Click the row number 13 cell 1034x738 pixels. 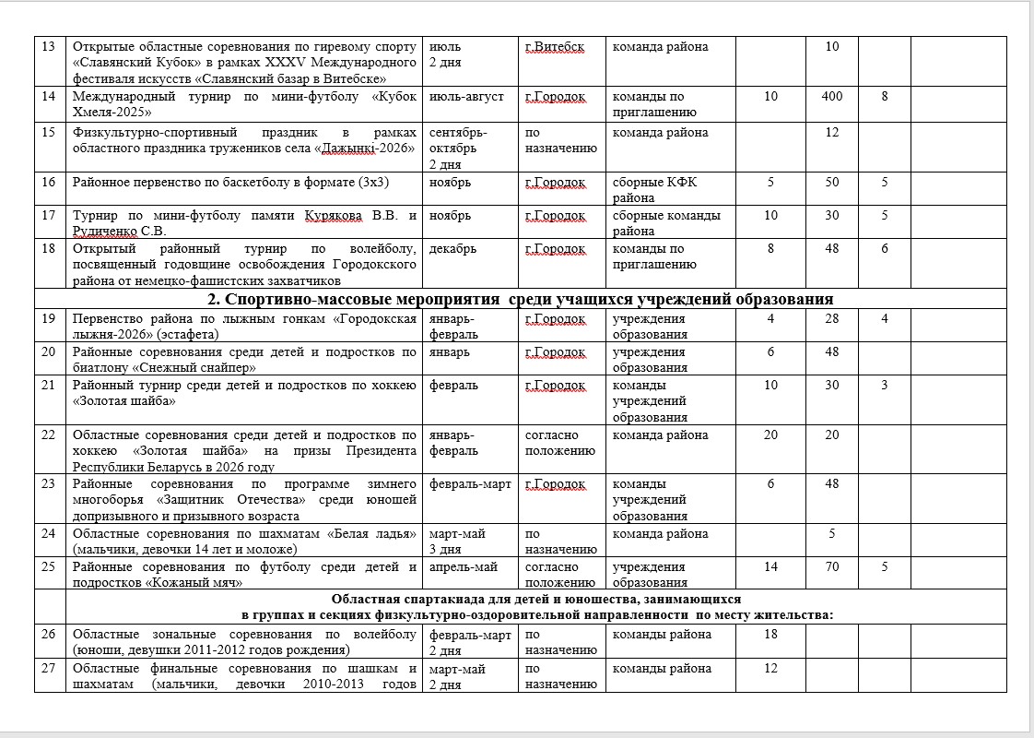50,47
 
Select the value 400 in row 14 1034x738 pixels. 832,97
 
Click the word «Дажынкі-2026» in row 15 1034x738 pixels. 368,149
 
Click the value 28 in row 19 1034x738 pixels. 832,319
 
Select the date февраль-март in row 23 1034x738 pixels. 470,484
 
